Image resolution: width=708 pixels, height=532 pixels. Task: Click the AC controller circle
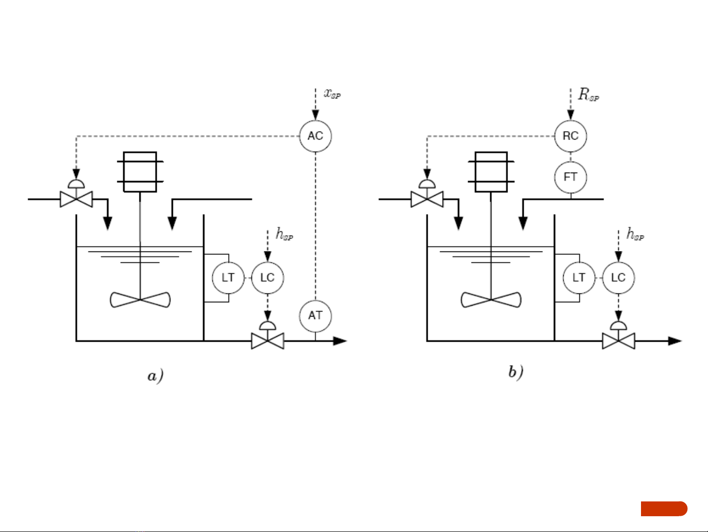315,136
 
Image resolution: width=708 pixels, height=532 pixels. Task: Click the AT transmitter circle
315,316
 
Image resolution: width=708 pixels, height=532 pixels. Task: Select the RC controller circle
571,136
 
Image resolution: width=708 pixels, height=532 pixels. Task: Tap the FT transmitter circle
571,177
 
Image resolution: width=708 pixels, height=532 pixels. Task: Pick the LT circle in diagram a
228,278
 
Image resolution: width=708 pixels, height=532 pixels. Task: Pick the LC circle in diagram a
268,278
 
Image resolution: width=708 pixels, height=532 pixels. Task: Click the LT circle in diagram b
579,278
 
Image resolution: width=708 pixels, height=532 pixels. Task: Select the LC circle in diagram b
618,278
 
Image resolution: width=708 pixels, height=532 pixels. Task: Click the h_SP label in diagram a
284,234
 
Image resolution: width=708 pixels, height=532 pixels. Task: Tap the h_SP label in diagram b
635,234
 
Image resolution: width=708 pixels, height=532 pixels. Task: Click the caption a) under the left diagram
155,376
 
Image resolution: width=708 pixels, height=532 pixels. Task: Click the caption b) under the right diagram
516,372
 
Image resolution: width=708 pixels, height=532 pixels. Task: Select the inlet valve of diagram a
76,199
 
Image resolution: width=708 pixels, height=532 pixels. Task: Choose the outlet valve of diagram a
268,340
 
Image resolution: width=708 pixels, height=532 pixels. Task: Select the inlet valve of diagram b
427,199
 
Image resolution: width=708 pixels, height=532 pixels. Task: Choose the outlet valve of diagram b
618,340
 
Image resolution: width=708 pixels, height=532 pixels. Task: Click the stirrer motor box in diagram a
140,172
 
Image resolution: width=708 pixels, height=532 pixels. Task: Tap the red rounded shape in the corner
664,509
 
